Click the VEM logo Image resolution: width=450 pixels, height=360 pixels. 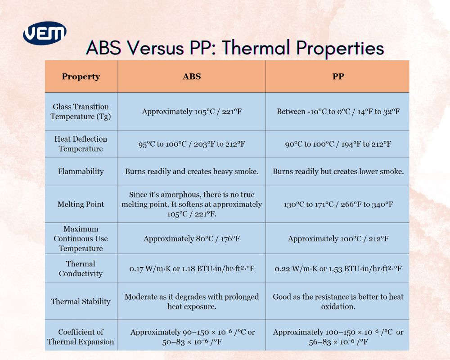[45, 33]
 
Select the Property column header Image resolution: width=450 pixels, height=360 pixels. [81, 76]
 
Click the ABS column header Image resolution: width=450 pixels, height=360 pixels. [192, 76]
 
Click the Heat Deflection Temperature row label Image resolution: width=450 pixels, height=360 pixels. [81, 144]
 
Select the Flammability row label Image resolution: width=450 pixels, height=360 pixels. [81, 171]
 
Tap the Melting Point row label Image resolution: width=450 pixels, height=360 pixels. [81, 204]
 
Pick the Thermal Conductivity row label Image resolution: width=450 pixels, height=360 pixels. [81, 269]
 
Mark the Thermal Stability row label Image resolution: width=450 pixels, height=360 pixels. [81, 301]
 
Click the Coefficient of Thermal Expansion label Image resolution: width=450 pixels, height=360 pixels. [81, 337]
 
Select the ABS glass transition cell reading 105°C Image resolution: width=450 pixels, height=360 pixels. [192, 112]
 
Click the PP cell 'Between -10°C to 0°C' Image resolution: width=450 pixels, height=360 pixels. [338, 112]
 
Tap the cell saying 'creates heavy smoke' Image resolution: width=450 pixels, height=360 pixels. [192, 171]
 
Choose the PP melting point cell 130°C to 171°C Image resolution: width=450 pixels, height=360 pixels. [338, 204]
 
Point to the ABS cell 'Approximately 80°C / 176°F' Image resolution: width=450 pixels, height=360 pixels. [192, 238]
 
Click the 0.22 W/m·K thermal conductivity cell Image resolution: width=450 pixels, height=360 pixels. [338, 269]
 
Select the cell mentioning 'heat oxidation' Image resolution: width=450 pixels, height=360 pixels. [338, 301]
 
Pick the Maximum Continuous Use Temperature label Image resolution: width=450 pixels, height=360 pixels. [81, 238]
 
